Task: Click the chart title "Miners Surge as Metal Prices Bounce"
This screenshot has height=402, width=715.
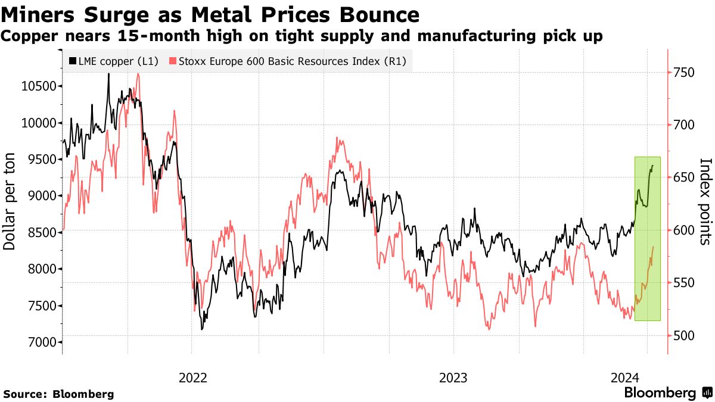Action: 210,14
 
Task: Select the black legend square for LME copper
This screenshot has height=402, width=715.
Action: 73,61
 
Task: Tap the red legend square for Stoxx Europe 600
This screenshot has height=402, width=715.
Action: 173,61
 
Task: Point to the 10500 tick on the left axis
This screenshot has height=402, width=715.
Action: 40,86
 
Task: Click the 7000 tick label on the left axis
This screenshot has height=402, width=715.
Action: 40,342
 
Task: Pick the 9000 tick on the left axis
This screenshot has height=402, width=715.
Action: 40,196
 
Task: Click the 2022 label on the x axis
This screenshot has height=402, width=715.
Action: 192,378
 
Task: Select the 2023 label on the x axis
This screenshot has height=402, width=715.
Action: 453,378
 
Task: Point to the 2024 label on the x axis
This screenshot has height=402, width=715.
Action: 624,378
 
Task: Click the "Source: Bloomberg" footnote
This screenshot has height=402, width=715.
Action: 58,394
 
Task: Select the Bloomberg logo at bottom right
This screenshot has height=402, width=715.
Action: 668,393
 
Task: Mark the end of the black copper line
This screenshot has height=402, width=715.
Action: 653,166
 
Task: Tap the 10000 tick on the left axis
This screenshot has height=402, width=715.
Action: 40,123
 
